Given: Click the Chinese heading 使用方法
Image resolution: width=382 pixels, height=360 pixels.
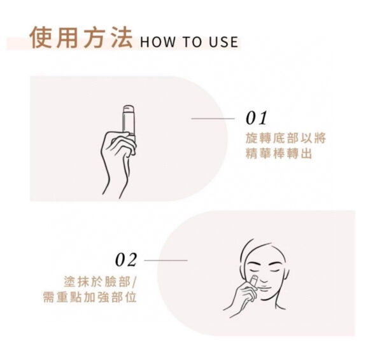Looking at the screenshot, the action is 81,38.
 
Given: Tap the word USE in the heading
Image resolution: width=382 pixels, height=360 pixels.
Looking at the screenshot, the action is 223,41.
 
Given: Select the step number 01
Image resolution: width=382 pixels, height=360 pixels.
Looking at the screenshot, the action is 256,118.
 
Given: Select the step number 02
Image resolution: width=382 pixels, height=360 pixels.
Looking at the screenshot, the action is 126,260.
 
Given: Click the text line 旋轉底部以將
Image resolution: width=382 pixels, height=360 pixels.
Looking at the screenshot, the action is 285,138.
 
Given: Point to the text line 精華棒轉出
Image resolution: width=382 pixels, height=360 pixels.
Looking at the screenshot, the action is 279,153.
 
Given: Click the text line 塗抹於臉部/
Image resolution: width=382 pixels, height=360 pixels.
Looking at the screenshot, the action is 101,282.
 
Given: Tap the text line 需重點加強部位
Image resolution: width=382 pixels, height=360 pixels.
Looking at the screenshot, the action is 89,297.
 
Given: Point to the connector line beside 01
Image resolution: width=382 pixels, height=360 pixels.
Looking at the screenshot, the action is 213,118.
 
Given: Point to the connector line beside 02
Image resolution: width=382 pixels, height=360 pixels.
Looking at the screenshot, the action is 166,260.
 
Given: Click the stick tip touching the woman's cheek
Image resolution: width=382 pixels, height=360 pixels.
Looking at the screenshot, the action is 254,278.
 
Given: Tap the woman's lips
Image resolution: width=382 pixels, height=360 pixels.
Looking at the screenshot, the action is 266,287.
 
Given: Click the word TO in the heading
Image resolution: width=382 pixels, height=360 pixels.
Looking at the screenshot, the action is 192,41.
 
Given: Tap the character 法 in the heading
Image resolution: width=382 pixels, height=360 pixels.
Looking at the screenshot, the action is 122,38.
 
